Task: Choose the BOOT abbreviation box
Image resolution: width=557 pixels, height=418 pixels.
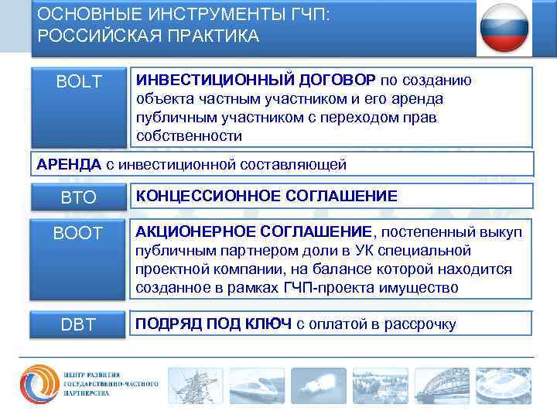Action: coord(79,232)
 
